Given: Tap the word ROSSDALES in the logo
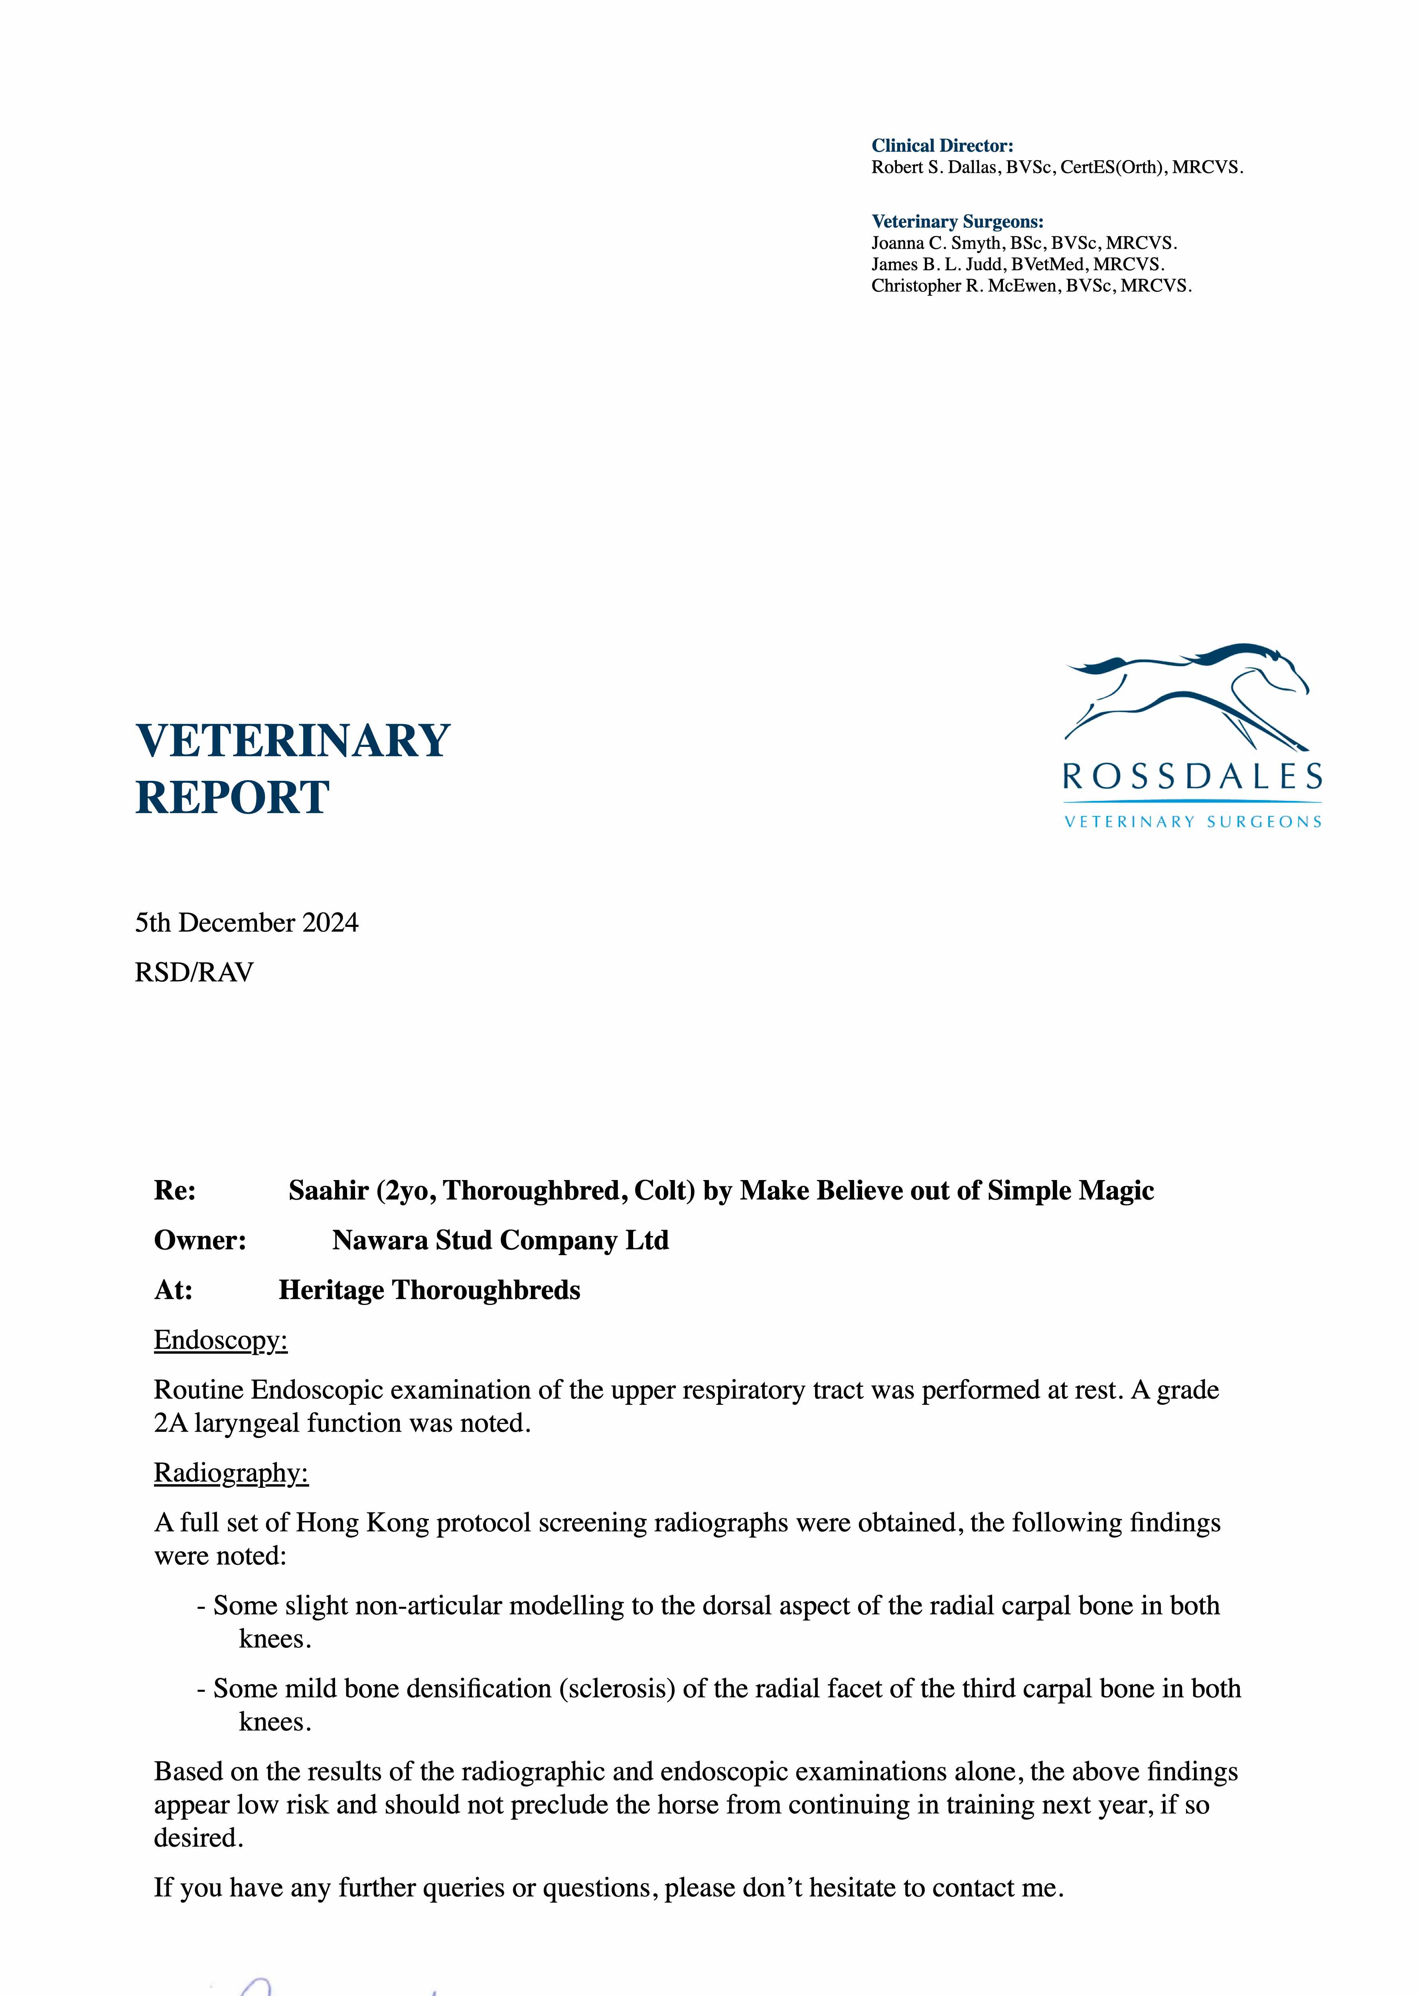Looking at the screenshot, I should click(x=1192, y=776).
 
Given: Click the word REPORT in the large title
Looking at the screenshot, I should click(x=232, y=798).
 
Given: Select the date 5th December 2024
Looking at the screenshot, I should click(x=247, y=923).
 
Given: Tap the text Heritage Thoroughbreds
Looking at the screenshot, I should click(x=429, y=1290).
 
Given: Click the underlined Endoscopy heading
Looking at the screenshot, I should click(x=221, y=1340).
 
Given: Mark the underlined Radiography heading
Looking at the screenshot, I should click(x=231, y=1473).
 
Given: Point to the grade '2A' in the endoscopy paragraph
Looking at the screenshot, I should click(x=171, y=1424).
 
